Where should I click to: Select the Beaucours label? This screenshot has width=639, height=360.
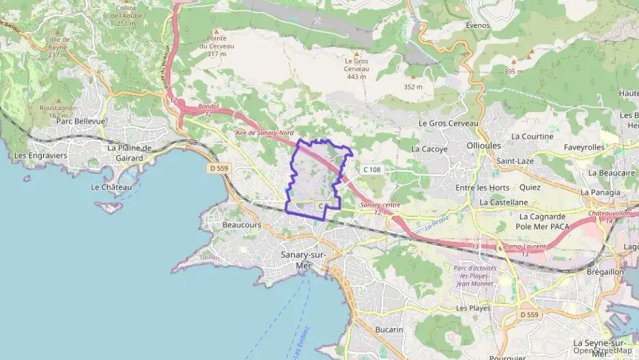pyautogui.click(x=242, y=224)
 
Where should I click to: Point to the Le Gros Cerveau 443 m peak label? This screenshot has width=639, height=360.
pyautogui.click(x=356, y=68)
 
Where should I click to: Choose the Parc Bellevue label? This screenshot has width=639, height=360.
pyautogui.click(x=82, y=121)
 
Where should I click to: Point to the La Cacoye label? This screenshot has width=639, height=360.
pyautogui.click(x=429, y=148)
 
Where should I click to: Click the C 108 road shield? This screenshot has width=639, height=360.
pyautogui.click(x=372, y=169)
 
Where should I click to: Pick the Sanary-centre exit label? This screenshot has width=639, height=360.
pyautogui.click(x=380, y=205)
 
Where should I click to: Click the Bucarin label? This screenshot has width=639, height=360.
pyautogui.click(x=389, y=329)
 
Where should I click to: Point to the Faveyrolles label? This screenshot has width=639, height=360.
pyautogui.click(x=584, y=147)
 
